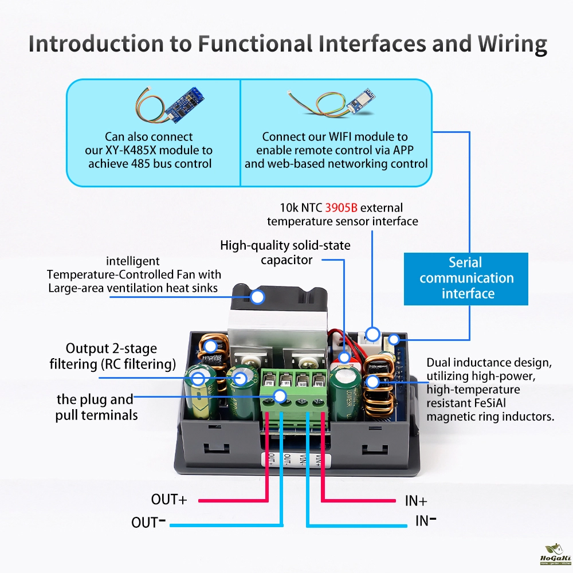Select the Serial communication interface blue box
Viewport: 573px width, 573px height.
tap(466, 278)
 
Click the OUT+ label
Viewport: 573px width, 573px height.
tap(169, 500)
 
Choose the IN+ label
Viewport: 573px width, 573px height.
tap(416, 501)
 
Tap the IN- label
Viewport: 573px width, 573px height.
tap(426, 521)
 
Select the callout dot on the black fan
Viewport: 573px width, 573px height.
tap(258, 297)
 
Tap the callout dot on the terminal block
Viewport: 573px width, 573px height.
tap(280, 395)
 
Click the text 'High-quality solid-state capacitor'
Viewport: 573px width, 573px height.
tap(286, 253)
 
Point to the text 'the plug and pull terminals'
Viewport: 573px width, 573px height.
tap(96, 407)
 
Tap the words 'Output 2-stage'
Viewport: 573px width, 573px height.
tap(111, 348)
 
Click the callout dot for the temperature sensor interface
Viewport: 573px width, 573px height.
tap(373, 333)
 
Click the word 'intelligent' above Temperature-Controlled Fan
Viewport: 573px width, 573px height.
tap(133, 261)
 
